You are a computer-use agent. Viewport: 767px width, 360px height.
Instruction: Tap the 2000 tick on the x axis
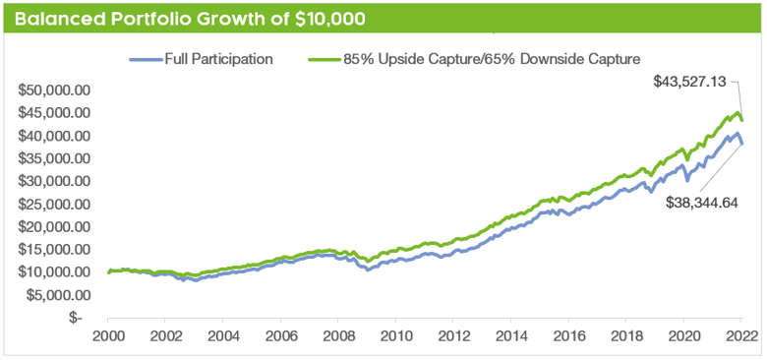click(108, 336)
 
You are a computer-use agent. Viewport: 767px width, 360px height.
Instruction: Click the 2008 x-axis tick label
click(338, 336)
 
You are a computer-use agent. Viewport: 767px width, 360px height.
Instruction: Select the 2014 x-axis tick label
click(511, 336)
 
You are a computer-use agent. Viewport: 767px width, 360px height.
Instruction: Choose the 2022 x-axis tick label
click(740, 336)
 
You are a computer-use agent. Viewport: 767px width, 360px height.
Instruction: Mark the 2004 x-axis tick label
click(223, 336)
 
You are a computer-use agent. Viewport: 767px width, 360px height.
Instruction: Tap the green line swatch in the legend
click(324, 59)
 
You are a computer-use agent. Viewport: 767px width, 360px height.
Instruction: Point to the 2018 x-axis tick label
click(626, 336)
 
